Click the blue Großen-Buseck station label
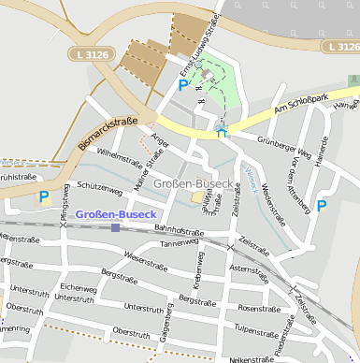[x=115, y=215]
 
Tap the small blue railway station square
[x=115, y=227]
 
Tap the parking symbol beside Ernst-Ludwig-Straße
[x=182, y=85]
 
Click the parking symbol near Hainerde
[x=322, y=205]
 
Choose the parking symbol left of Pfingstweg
[x=43, y=197]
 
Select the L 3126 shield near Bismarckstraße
[x=94, y=56]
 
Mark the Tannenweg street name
[x=180, y=243]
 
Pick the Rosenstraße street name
[x=258, y=308]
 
